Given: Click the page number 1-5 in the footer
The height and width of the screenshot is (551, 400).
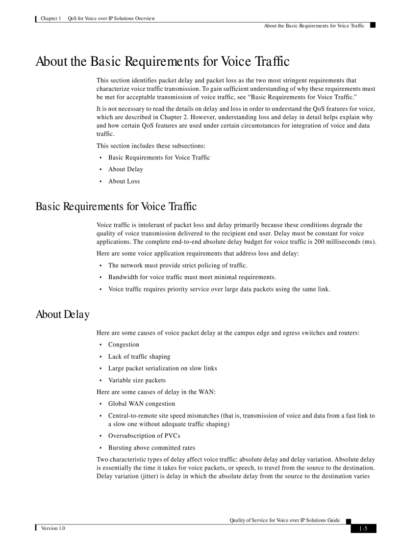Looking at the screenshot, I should [x=363, y=528].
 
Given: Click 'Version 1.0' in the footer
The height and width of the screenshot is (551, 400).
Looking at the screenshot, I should [x=53, y=528].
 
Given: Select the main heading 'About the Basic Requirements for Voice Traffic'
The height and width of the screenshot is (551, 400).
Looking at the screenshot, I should [x=162, y=62].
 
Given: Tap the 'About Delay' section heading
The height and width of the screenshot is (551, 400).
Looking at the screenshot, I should [x=62, y=315].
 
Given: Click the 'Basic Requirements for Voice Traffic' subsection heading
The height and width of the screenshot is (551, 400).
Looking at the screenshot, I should [x=116, y=207].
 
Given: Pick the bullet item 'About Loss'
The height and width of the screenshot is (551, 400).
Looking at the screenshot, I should [x=124, y=182].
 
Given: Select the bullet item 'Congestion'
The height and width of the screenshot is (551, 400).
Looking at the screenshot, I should [x=124, y=345].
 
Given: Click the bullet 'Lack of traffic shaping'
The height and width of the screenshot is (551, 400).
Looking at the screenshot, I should [x=139, y=357].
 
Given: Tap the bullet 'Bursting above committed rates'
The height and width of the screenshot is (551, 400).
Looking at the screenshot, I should [x=151, y=448].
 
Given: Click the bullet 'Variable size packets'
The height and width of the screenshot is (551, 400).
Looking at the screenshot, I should [x=137, y=380].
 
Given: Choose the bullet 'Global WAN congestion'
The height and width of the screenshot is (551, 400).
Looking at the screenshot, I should [x=141, y=404].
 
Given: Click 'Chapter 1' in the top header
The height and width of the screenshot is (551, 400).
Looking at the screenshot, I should [x=51, y=19].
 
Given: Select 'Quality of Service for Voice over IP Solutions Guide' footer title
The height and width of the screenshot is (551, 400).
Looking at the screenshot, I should [x=284, y=520].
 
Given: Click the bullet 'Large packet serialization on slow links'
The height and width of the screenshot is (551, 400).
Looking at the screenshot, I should [x=162, y=368].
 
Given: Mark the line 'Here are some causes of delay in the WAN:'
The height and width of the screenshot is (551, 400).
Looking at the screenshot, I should [x=156, y=392].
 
